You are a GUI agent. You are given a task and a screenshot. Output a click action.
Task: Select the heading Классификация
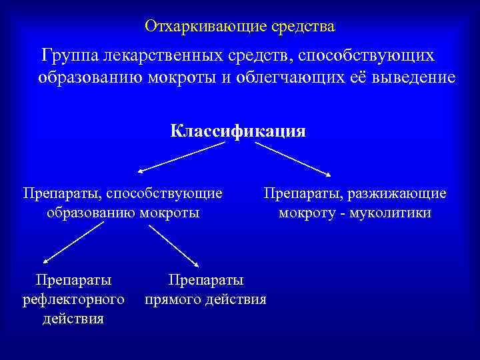[x=238, y=131]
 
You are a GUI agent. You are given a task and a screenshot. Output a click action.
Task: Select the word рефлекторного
[x=73, y=299]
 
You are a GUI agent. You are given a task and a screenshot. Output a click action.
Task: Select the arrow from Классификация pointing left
[x=176, y=158]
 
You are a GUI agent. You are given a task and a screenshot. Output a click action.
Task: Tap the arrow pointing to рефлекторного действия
[x=69, y=242]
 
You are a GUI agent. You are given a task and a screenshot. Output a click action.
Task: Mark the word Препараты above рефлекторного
[x=73, y=279]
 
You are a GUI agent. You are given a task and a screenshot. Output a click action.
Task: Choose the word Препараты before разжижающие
[x=299, y=193]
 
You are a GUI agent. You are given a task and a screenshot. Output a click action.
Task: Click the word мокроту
[x=306, y=213]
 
